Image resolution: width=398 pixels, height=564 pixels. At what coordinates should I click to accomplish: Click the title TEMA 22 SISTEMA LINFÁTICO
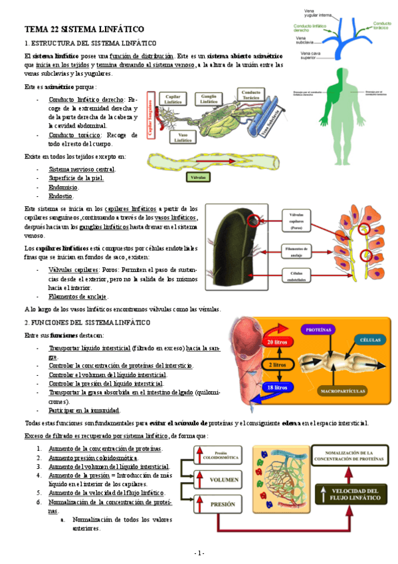click(x=84, y=30)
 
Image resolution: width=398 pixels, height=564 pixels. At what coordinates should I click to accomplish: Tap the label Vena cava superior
click(x=309, y=55)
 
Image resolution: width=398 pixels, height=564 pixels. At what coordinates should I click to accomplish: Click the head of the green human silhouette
click(x=340, y=72)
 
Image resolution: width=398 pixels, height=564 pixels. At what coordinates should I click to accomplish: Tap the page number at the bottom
click(x=199, y=553)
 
